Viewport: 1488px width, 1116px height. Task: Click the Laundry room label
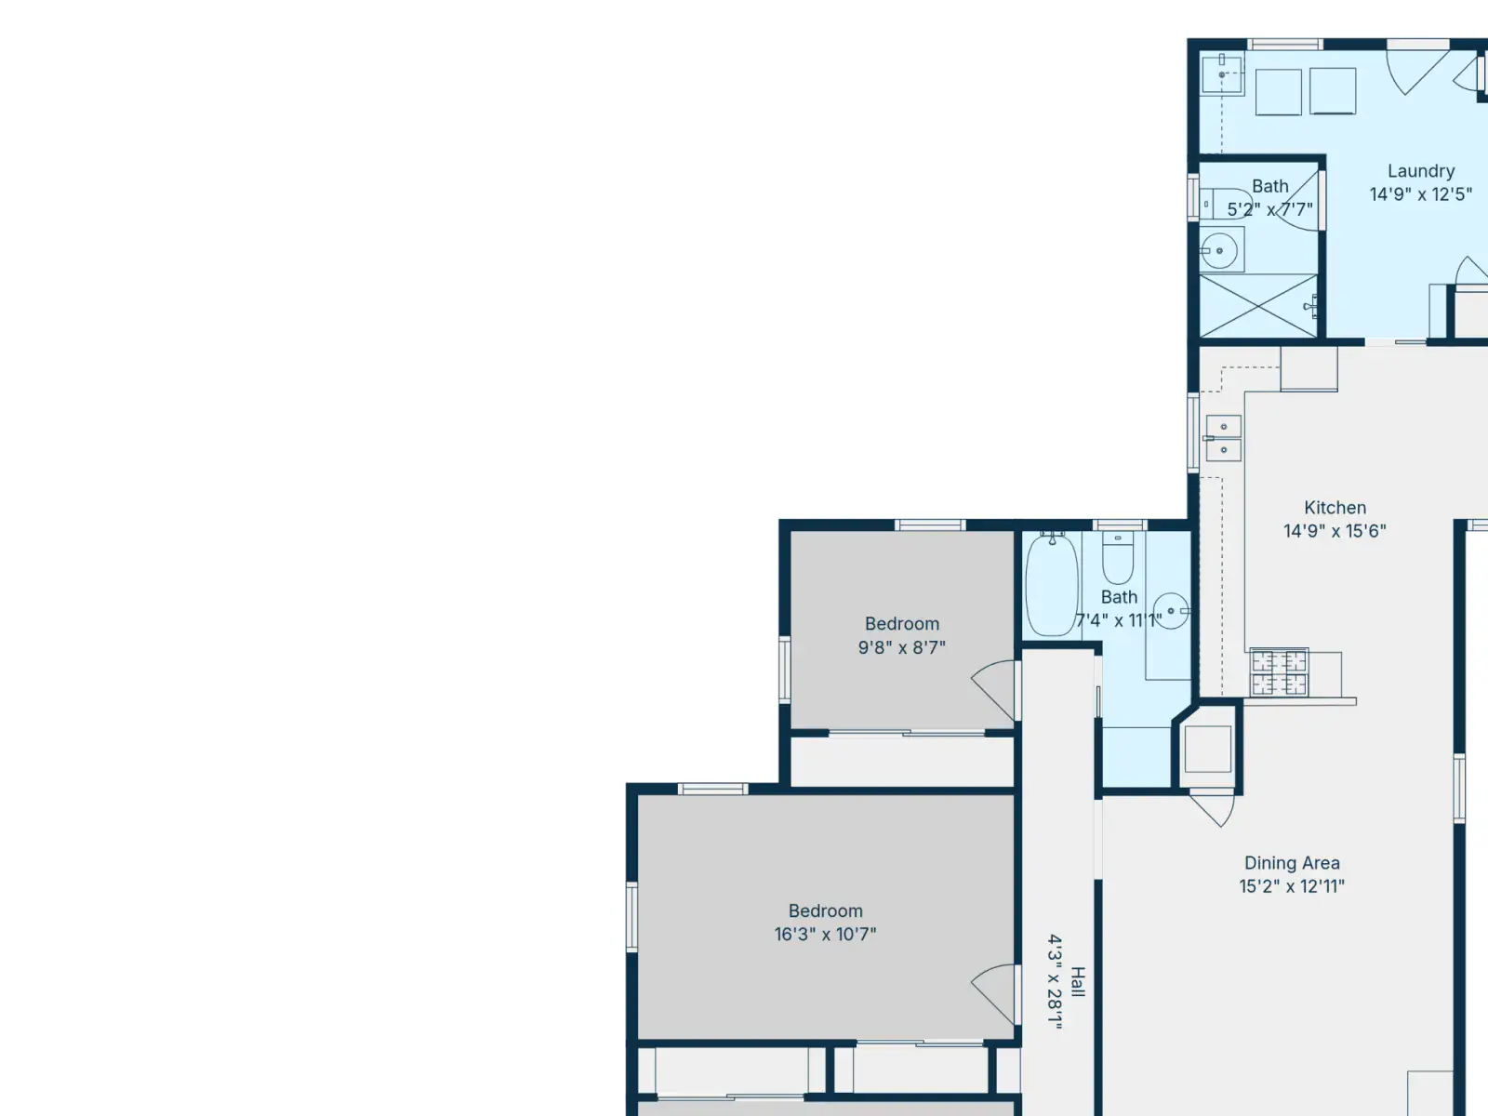click(x=1421, y=171)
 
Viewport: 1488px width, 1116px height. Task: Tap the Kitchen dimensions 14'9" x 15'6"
click(x=1335, y=530)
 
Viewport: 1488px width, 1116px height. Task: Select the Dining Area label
click(x=1292, y=863)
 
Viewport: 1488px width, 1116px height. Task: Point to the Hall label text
click(x=1077, y=982)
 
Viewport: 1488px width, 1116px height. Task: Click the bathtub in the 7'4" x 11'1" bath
click(x=1052, y=584)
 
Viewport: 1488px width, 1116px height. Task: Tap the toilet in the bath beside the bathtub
click(x=1118, y=558)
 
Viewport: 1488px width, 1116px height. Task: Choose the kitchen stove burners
click(x=1279, y=672)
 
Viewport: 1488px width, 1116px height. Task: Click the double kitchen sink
click(x=1224, y=438)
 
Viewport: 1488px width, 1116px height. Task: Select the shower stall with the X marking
click(x=1258, y=306)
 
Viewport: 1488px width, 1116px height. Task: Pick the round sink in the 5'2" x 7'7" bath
click(x=1219, y=251)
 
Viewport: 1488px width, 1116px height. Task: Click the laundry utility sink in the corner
click(x=1222, y=74)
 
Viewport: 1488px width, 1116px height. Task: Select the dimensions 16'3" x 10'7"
click(x=825, y=935)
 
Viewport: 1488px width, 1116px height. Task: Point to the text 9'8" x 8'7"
click(x=901, y=648)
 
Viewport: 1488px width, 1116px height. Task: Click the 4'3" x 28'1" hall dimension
click(x=1055, y=982)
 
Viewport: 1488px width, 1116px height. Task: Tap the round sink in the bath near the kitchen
click(x=1171, y=610)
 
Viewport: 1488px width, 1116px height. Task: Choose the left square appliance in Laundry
click(x=1278, y=91)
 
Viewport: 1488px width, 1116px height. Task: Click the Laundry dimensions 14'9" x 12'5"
click(x=1421, y=194)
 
